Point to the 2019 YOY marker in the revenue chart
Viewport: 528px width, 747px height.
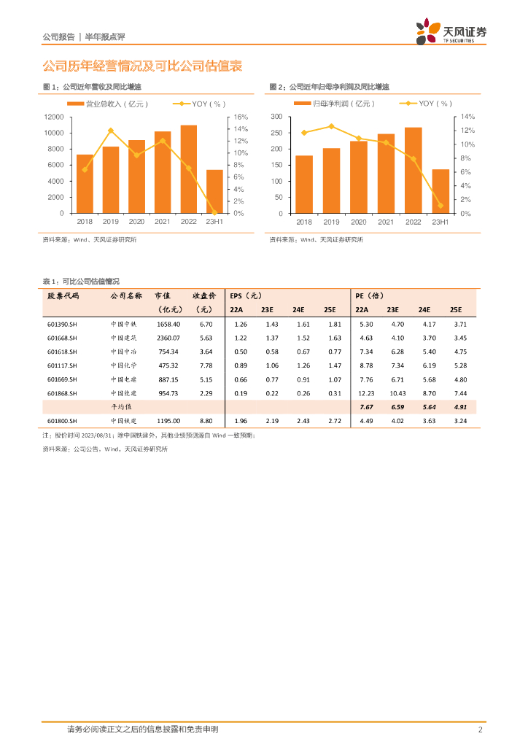point(110,131)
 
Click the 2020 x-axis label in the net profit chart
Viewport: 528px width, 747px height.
point(358,222)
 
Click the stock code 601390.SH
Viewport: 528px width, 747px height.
point(62,324)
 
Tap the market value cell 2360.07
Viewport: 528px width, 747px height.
point(168,338)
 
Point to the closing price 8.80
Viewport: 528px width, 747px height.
point(205,421)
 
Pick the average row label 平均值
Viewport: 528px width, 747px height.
point(123,407)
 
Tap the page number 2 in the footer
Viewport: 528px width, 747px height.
point(480,729)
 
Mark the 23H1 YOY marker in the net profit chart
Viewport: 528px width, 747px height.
point(440,206)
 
